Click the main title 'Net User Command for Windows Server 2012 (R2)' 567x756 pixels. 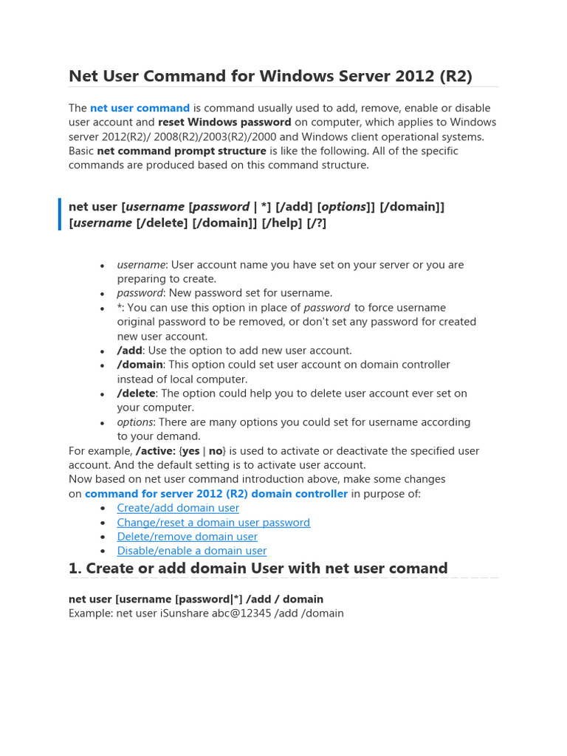270,76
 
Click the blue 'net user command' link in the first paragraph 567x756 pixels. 140,108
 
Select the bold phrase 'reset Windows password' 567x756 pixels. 224,122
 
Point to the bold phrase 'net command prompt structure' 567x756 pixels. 182,151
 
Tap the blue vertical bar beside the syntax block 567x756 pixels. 60,214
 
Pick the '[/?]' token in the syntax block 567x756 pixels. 316,222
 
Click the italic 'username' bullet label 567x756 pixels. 141,264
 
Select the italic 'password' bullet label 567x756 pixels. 140,293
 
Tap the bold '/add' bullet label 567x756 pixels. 129,350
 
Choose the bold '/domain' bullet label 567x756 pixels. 140,365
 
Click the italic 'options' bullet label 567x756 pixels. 135,422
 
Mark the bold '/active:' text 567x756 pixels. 155,450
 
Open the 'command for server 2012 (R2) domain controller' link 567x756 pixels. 216,493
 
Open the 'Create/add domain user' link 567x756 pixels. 178,508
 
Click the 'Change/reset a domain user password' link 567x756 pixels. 213,522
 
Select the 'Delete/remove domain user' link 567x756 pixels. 187,537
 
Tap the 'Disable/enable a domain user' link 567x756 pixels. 191,551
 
